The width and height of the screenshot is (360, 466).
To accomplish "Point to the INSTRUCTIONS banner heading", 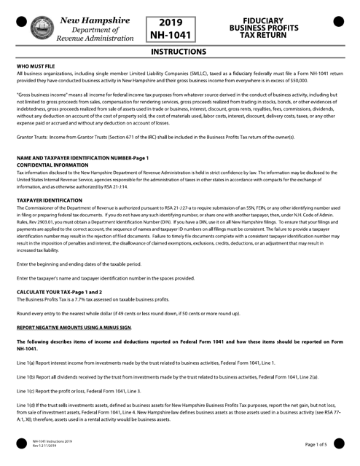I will [179, 53].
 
